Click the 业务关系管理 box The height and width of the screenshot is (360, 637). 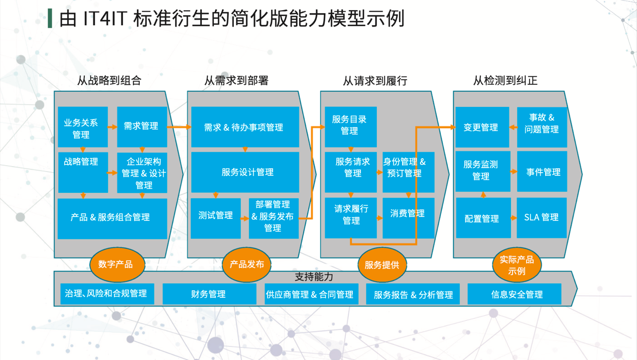click(83, 128)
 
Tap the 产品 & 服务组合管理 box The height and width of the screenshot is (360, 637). click(112, 218)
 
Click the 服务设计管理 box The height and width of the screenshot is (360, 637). click(245, 172)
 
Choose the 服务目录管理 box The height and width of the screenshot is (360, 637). click(350, 127)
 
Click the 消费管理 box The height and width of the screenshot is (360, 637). click(408, 218)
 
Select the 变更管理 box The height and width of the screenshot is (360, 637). click(481, 128)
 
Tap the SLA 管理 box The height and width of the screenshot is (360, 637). click(541, 218)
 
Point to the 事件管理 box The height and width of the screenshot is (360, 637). click(542, 172)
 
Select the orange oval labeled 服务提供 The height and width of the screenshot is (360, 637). click(381, 265)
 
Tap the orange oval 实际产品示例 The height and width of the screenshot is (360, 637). click(517, 265)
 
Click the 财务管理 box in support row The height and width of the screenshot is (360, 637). click(209, 294)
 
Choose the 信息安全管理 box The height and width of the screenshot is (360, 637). click(515, 294)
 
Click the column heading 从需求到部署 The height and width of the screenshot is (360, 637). click(236, 80)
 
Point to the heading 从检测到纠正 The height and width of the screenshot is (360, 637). click(505, 80)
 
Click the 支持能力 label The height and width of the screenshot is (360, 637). click(314, 277)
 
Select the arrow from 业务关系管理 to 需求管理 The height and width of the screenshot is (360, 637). click(112, 128)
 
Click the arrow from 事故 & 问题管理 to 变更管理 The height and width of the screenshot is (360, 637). click(513, 128)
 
